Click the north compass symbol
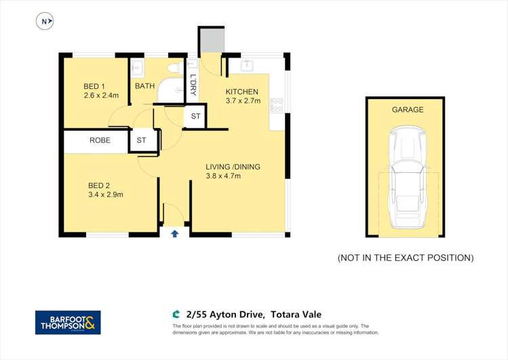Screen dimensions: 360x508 pyautogui.click(x=45, y=22)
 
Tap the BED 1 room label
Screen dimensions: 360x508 pyautogui.click(x=94, y=86)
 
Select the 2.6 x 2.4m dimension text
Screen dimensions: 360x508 pyautogui.click(x=101, y=96)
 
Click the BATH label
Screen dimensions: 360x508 pyautogui.click(x=144, y=86)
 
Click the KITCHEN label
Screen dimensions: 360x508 pyautogui.click(x=242, y=92)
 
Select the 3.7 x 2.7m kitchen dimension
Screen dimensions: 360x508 pyautogui.click(x=242, y=101)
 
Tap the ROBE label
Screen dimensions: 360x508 pyautogui.click(x=100, y=141)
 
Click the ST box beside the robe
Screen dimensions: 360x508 pyautogui.click(x=142, y=140)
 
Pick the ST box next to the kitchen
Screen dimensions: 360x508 pyautogui.click(x=195, y=117)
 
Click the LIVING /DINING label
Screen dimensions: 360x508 pyautogui.click(x=233, y=167)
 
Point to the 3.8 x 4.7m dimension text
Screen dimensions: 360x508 pyautogui.click(x=223, y=176)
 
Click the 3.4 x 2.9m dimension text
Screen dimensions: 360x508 pyautogui.click(x=105, y=195)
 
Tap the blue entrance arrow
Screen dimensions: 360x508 pyautogui.click(x=174, y=233)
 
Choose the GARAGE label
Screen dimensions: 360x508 pyautogui.click(x=407, y=109)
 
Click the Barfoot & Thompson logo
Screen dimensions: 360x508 pyautogui.click(x=68, y=322)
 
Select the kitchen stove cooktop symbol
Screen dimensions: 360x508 pyautogui.click(x=276, y=106)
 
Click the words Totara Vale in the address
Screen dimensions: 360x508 pyautogui.click(x=296, y=314)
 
